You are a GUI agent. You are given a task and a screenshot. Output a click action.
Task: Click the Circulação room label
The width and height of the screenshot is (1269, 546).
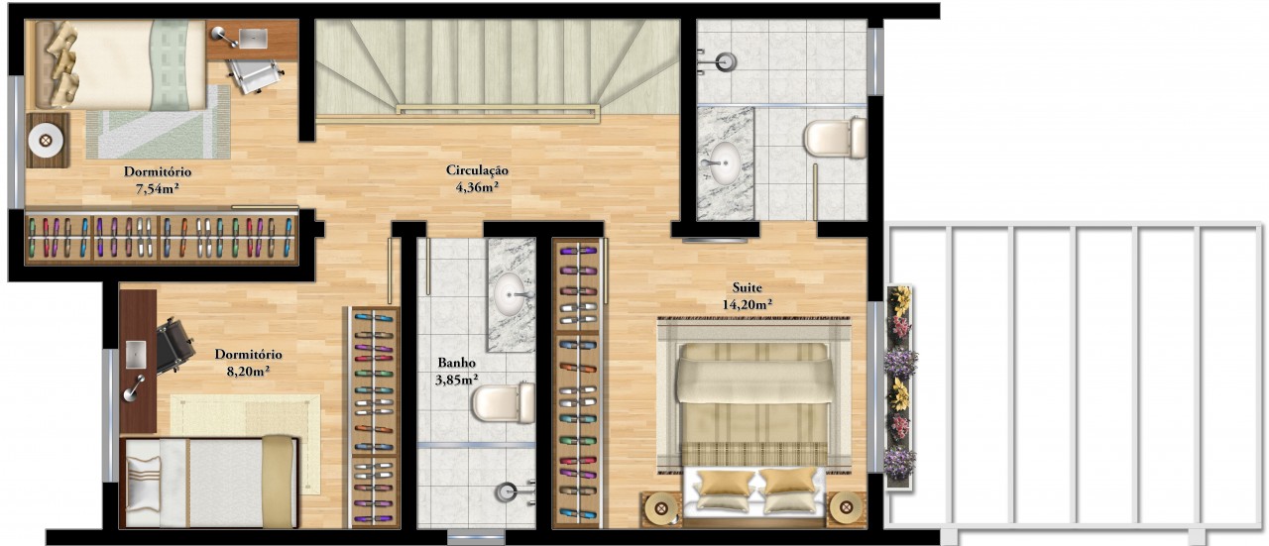click(x=477, y=169)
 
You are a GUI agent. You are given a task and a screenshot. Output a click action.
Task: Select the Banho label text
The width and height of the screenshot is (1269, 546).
click(x=456, y=363)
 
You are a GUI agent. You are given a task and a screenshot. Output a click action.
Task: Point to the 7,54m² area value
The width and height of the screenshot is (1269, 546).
click(x=157, y=189)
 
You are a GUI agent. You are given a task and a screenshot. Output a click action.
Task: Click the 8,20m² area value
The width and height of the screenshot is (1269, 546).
click(x=248, y=372)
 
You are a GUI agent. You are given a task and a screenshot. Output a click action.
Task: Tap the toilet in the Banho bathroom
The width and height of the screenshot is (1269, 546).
click(x=504, y=402)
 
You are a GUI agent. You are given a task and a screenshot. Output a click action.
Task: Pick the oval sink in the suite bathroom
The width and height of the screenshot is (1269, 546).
click(x=724, y=164)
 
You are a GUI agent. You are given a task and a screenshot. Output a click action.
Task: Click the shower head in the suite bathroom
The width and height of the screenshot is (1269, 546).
click(x=725, y=61)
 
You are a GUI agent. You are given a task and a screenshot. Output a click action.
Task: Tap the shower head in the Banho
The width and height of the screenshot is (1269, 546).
click(x=507, y=492)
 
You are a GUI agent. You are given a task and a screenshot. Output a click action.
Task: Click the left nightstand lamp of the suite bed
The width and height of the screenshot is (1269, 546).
click(x=660, y=507)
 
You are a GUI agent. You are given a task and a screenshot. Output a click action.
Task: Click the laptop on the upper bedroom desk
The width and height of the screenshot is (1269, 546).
click(x=253, y=38)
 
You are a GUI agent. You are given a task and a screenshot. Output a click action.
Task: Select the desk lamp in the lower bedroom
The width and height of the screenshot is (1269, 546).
click(x=134, y=388)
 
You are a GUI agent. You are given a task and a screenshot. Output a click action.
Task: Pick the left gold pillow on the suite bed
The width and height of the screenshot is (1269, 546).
click(x=725, y=484)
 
